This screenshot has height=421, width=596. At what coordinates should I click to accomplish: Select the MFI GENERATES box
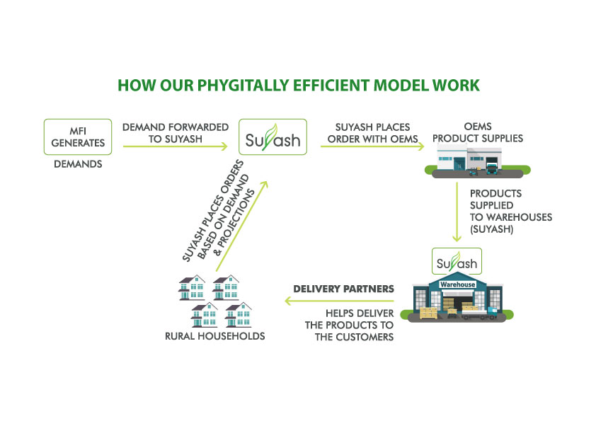(78, 137)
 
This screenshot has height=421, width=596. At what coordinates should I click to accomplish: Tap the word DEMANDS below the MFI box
(78, 164)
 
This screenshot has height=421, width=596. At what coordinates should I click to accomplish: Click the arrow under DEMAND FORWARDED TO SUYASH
(176, 146)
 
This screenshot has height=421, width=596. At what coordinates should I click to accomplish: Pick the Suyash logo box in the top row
(273, 137)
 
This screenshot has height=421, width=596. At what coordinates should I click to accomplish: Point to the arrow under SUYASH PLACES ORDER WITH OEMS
(372, 146)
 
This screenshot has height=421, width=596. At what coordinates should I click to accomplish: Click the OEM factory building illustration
(477, 162)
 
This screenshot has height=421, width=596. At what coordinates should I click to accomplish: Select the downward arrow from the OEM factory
(457, 212)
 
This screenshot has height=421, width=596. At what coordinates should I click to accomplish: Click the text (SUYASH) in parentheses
(491, 229)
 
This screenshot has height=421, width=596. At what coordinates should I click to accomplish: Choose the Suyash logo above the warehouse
(457, 261)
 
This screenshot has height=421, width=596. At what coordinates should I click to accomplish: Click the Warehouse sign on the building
(458, 284)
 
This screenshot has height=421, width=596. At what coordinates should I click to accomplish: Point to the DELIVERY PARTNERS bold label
(343, 289)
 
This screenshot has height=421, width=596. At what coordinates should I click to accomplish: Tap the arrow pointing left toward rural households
(340, 301)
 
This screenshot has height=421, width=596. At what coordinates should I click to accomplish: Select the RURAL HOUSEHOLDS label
(214, 336)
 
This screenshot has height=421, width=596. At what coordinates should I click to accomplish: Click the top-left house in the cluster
(192, 288)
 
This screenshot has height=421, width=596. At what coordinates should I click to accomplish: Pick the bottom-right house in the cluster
(239, 315)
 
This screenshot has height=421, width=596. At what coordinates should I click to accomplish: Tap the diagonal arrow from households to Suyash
(242, 226)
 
